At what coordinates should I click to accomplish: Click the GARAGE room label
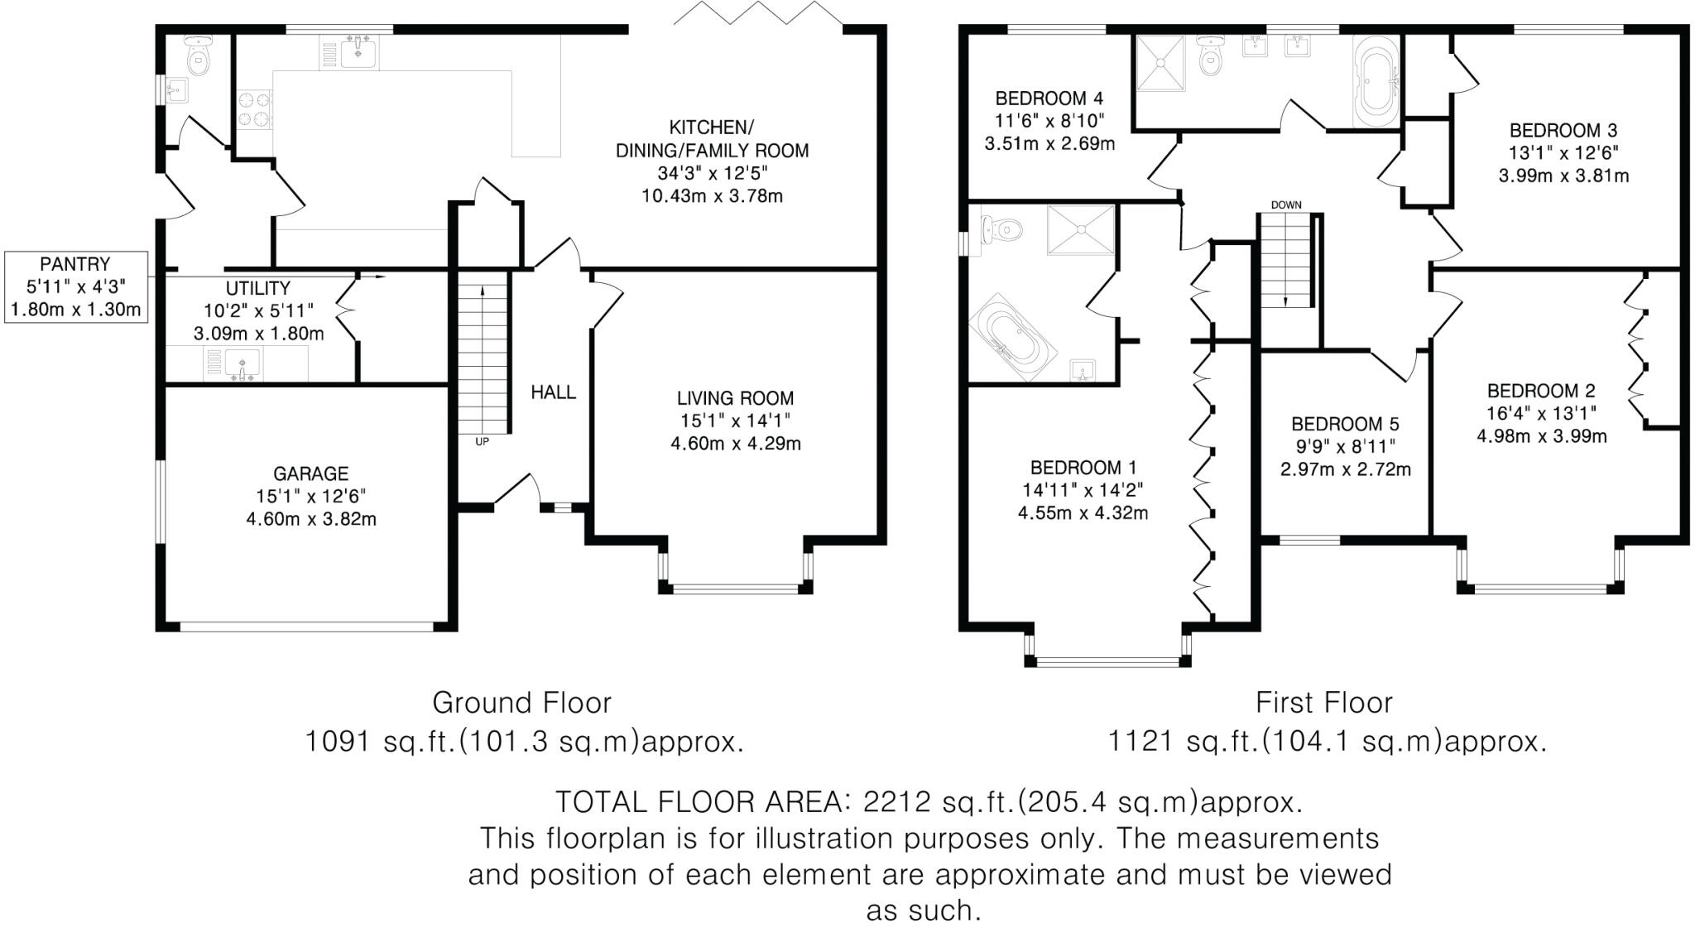[310, 474]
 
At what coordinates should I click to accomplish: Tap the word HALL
[553, 392]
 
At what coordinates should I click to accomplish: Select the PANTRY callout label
[74, 264]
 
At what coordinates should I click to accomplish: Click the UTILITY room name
[258, 288]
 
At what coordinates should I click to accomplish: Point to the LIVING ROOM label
[735, 398]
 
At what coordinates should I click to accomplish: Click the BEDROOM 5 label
[1344, 425]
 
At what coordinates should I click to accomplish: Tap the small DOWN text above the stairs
[1286, 204]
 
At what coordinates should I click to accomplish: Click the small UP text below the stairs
[482, 442]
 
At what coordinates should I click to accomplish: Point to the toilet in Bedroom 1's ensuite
[998, 228]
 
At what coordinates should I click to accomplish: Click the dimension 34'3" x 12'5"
[712, 174]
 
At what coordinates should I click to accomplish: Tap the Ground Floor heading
[521, 703]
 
